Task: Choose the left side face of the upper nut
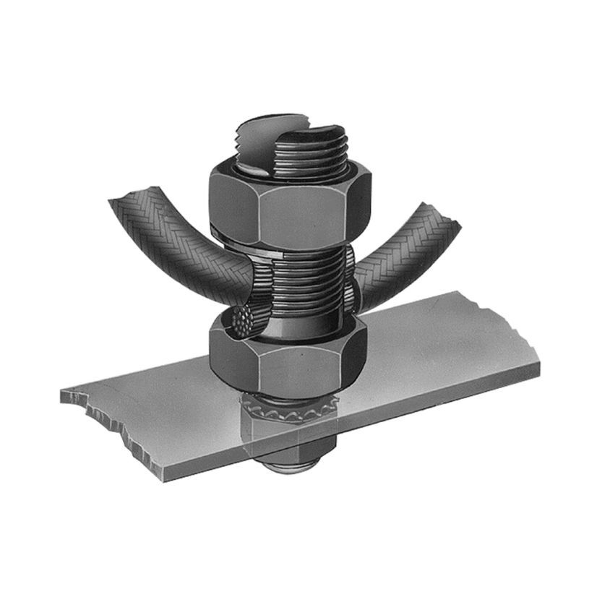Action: [x=230, y=206]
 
